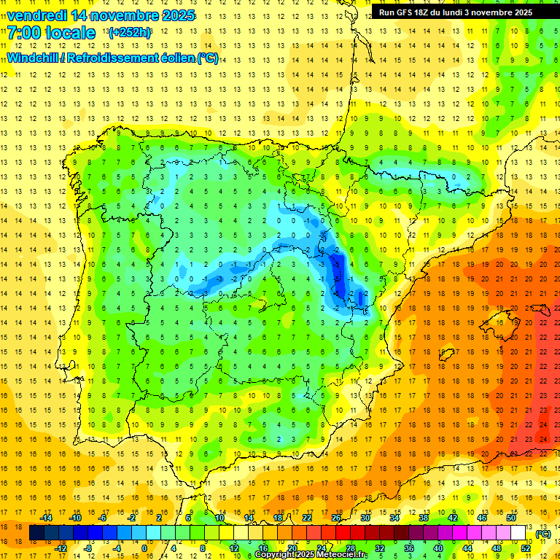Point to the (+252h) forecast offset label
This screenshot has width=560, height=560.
point(130,33)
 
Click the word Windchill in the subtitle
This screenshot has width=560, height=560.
point(34,58)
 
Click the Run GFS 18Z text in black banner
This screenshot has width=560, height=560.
point(408,12)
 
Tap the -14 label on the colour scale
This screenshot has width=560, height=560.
point(47,518)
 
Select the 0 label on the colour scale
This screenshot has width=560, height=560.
point(144,548)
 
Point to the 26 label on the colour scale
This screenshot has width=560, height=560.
point(336,518)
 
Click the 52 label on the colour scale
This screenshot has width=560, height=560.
point(526,548)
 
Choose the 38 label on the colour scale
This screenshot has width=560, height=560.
point(424,518)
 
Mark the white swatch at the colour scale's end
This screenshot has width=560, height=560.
point(518,533)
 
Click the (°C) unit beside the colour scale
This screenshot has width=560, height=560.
point(542,534)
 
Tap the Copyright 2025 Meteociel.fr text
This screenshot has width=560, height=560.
point(311,555)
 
